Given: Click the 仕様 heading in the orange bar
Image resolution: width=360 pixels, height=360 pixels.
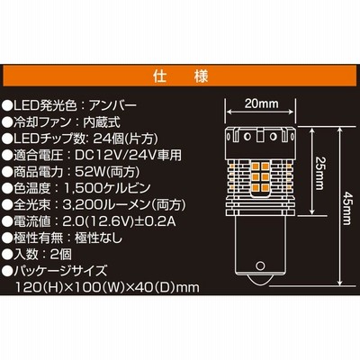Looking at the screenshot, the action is [181, 76].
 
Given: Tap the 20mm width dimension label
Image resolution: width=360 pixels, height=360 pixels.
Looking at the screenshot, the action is [261, 103].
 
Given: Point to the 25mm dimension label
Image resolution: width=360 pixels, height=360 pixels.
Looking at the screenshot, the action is [319, 173].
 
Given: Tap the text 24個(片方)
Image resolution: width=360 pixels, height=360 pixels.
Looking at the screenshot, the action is [125, 139].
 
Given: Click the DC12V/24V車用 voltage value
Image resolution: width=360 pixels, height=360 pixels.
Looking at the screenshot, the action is [129, 155].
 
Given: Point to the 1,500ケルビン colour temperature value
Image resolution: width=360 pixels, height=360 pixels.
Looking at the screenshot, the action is [107, 188].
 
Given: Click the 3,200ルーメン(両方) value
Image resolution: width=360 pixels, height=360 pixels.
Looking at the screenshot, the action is [124, 205].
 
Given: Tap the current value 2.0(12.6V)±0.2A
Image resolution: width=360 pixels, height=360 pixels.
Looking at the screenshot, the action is [120, 221].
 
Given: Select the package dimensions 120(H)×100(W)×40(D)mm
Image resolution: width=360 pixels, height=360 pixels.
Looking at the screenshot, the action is [108, 288].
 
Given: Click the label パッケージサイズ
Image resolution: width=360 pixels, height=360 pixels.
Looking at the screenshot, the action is [60, 271].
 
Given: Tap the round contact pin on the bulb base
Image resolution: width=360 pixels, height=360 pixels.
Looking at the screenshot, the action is [260, 265].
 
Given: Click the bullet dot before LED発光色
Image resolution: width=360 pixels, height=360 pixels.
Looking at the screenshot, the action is [7, 105].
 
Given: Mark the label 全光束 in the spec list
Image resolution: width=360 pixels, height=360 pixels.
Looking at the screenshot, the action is [31, 205].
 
